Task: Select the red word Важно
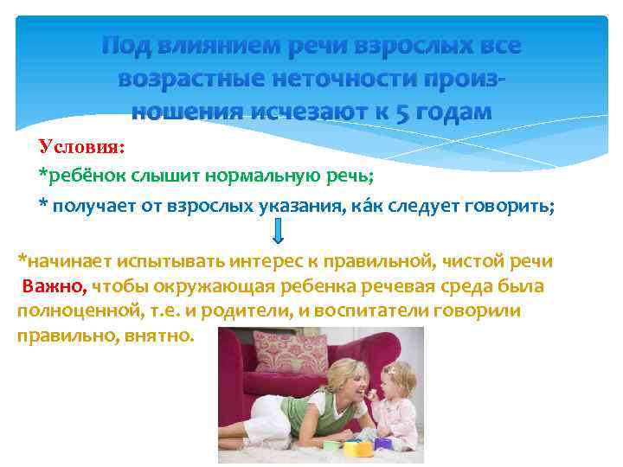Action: pyautogui.click(x=54, y=286)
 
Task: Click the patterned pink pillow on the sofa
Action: pyautogui.click(x=292, y=350)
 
